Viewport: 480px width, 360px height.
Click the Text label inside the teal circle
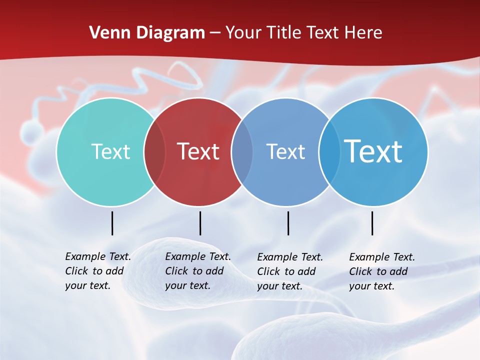click(110, 151)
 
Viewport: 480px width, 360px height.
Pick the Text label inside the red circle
click(198, 151)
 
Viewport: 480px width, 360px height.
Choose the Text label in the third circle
click(285, 151)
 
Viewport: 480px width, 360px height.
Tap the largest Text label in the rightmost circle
click(373, 151)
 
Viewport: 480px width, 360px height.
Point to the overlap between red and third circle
click(242, 152)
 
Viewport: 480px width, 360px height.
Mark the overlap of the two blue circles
click(329, 152)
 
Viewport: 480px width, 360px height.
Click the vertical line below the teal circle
click(112, 223)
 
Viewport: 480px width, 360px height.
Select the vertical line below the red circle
click(200, 223)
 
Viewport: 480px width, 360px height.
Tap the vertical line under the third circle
click(288, 223)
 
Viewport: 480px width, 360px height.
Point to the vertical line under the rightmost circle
click(372, 223)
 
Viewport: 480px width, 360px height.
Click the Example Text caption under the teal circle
click(97, 271)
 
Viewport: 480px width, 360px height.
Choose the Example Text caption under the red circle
click(197, 271)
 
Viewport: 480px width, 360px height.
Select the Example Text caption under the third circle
click(290, 271)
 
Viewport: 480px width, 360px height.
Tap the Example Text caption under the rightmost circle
click(382, 271)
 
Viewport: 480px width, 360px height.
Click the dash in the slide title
click(215, 33)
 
